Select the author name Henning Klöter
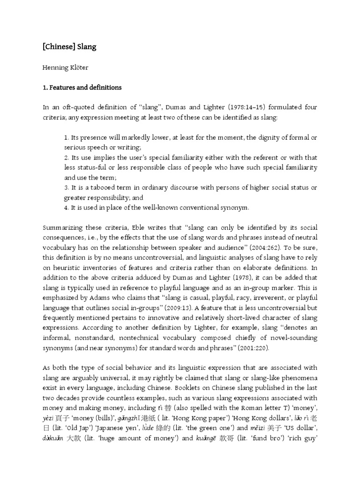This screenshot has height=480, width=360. (65, 67)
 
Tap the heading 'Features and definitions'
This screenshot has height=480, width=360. (85, 87)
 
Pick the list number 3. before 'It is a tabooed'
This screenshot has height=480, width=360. (67, 187)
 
